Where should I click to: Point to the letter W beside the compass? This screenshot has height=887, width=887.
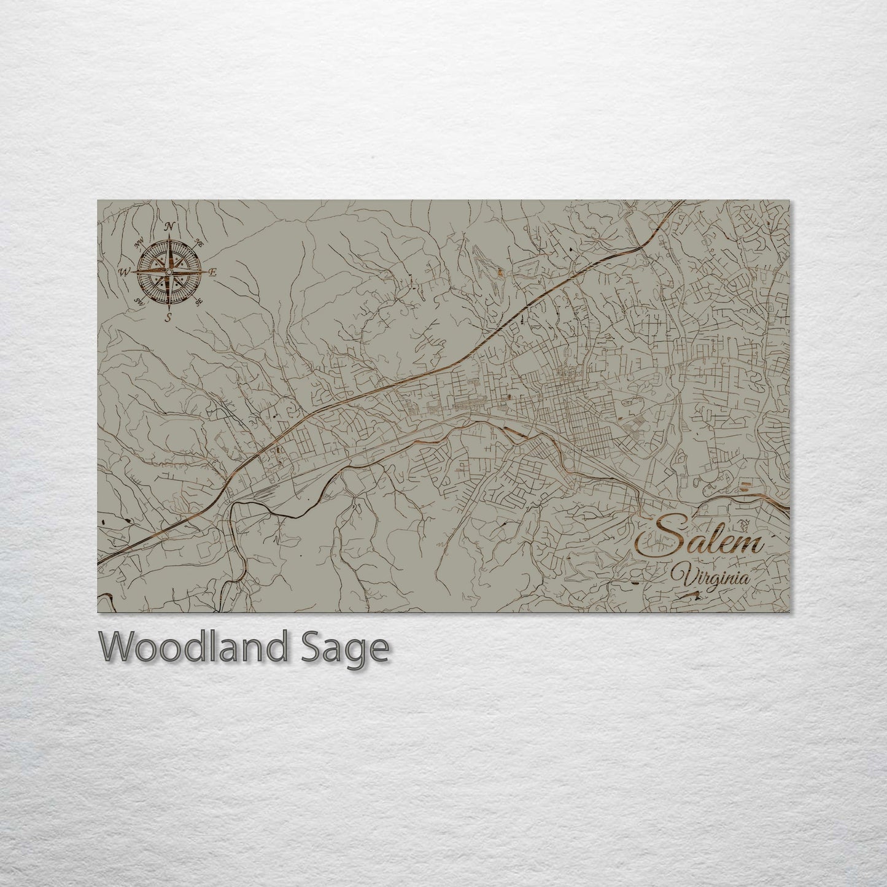coord(125,271)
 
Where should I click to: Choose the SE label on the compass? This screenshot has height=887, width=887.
coord(199,302)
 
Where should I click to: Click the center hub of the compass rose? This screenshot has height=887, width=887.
coord(169,271)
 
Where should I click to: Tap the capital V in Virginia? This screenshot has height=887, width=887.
coord(680,576)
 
